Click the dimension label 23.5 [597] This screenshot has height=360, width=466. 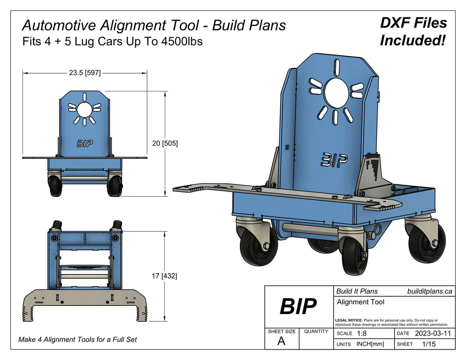tap(85, 72)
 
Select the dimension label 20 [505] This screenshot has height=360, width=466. tap(165, 143)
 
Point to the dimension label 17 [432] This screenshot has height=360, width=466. tap(165, 276)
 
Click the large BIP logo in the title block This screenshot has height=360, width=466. tap(298, 307)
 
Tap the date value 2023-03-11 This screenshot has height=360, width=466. tap(433, 334)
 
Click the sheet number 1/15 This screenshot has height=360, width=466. tap(429, 344)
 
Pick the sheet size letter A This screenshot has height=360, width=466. tap(281, 342)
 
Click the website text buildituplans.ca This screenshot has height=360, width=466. tap(429, 291)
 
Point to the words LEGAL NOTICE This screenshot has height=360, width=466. tap(349, 320)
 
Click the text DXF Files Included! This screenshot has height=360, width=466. tap(413, 32)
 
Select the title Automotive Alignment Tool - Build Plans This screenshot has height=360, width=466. tap(154, 25)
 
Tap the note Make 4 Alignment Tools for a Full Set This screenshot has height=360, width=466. tap(77, 340)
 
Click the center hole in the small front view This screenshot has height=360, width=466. tap(84, 109)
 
